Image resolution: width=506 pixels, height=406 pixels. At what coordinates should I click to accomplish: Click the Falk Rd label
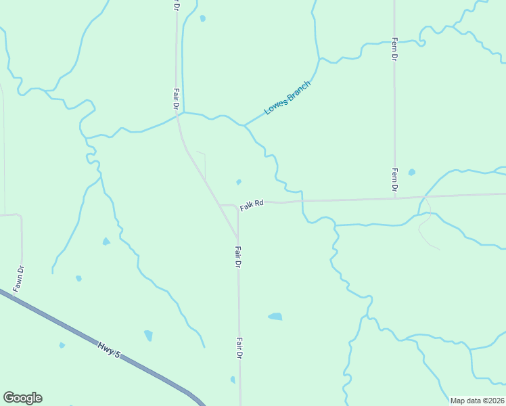[x=250, y=203]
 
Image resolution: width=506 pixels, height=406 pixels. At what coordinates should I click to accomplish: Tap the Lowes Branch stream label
[x=287, y=98]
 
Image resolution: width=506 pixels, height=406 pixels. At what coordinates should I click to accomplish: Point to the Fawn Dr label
[x=20, y=279]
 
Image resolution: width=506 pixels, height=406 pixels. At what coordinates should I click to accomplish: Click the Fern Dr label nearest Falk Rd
[x=394, y=179]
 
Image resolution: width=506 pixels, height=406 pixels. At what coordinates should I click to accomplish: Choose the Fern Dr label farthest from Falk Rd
[x=394, y=49]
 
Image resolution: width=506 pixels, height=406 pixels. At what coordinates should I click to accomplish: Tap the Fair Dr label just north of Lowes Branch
[x=176, y=99]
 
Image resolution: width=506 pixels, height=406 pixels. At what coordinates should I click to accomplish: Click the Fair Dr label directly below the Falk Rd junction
[x=238, y=256]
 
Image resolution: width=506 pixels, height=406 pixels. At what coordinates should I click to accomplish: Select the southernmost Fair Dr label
[x=239, y=348]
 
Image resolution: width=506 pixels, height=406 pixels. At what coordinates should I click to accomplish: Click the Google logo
[x=22, y=398]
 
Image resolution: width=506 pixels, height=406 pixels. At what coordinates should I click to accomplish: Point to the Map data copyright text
[x=477, y=401]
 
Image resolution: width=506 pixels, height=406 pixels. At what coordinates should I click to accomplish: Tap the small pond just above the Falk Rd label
[x=238, y=182]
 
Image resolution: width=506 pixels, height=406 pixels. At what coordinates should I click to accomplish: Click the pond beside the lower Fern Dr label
[x=411, y=173]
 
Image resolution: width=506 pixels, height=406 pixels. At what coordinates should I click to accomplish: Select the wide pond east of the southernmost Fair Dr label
[x=275, y=316]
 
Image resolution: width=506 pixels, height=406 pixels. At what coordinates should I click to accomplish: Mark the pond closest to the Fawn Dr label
[x=79, y=278]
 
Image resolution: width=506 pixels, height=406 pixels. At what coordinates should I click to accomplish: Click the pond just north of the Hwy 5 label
[x=148, y=335]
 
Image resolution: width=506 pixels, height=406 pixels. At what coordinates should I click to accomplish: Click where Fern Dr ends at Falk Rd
[x=394, y=198]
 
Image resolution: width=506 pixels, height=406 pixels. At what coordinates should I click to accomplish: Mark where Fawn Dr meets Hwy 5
[x=14, y=294]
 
